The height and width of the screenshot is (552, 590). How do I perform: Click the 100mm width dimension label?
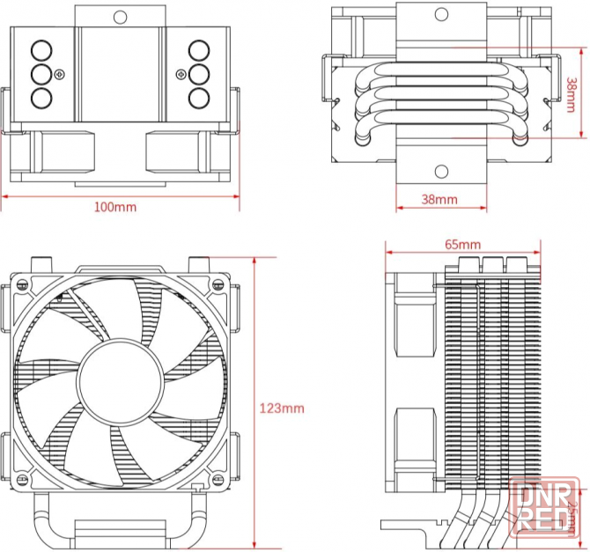[x=115, y=207]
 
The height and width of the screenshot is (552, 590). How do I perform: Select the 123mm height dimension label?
[x=282, y=408]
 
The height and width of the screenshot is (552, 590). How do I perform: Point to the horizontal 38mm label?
[x=439, y=199]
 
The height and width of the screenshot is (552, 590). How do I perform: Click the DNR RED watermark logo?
[x=545, y=504]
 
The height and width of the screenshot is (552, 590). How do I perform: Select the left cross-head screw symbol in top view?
[x=59, y=72]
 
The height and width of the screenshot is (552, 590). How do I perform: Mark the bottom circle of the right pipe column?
[x=198, y=96]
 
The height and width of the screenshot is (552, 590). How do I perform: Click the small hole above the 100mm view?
[x=121, y=15]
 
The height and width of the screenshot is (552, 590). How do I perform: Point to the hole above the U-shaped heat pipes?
[x=439, y=15]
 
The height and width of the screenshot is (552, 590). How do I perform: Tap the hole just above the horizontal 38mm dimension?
[x=439, y=170]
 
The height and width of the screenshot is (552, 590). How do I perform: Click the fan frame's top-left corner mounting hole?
[x=20, y=284]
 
